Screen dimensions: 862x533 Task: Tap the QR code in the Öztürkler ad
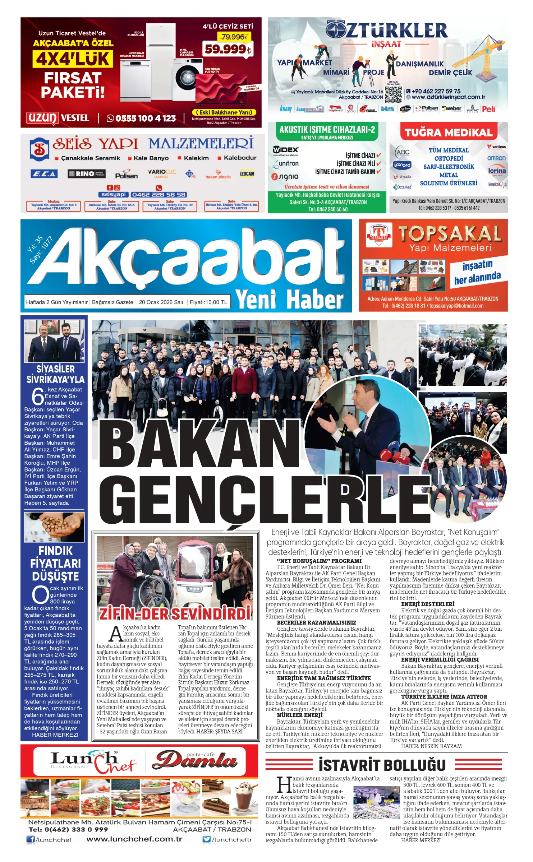point(393,94)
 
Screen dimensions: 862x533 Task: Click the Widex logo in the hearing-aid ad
point(286,150)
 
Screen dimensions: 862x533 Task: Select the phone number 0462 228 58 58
point(158,195)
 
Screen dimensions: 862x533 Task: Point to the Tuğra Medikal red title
point(448,133)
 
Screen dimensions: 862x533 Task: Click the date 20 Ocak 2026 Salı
point(161,302)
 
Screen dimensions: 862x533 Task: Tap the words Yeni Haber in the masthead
point(289,300)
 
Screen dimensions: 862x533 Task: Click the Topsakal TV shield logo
point(378,236)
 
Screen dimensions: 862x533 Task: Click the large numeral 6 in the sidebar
point(38,396)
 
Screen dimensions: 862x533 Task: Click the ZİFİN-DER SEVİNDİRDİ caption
point(175,614)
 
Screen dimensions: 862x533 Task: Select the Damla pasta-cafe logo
point(195,761)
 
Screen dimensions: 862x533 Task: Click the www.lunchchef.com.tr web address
point(134,839)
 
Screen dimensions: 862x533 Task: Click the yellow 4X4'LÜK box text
point(73,59)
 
